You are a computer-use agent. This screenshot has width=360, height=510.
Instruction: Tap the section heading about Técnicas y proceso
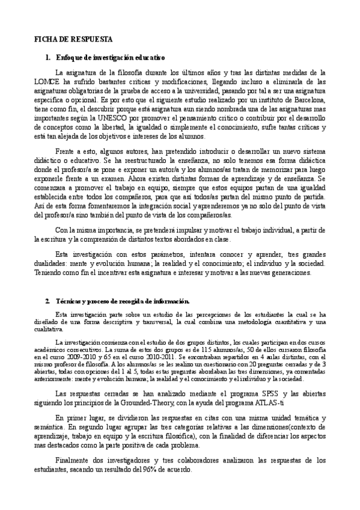pos(121,300)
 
